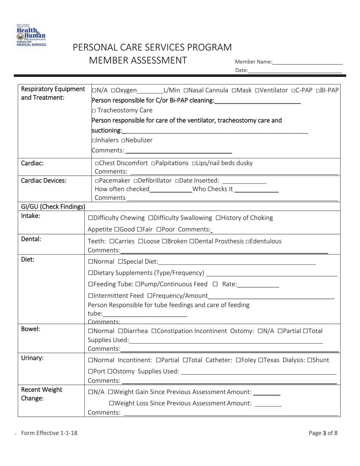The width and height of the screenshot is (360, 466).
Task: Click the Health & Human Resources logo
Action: [x=31, y=35]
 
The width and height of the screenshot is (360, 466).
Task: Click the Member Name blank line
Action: [x=307, y=62]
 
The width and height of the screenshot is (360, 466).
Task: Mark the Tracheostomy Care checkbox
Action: [x=94, y=111]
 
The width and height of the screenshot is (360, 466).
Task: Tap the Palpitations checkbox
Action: [x=153, y=163]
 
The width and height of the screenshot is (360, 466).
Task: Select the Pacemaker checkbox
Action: [x=97, y=181]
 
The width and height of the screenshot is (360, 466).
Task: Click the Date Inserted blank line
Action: [x=244, y=181]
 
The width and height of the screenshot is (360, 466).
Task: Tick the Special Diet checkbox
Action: [x=121, y=262]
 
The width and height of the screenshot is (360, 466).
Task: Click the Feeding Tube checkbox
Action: [x=90, y=285]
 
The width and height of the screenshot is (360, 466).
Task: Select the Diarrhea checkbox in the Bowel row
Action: [x=121, y=331]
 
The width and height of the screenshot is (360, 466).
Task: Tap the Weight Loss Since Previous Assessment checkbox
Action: [x=111, y=403]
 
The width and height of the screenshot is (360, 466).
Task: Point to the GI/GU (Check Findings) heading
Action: [x=53, y=207]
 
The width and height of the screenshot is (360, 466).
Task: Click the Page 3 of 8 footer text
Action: [x=323, y=433]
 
